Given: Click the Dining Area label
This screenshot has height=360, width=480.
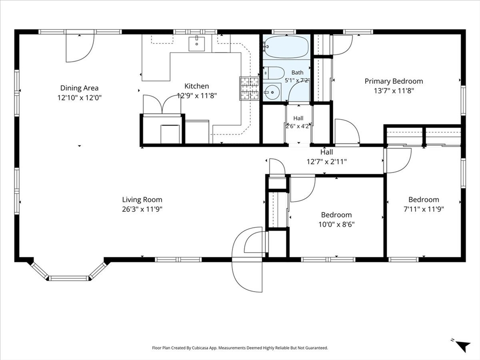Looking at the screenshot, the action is [x=79, y=88].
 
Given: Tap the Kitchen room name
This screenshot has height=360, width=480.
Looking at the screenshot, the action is [x=197, y=86].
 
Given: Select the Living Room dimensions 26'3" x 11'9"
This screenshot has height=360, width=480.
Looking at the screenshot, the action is [x=142, y=210].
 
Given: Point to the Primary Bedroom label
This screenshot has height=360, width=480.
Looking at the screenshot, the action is [x=394, y=82].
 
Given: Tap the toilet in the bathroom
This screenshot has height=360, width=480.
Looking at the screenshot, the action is [x=274, y=73].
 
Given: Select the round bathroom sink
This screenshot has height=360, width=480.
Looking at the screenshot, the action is [x=271, y=91].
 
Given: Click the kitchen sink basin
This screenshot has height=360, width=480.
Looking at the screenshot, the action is [x=196, y=44].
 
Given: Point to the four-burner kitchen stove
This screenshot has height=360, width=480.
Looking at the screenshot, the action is [x=249, y=89].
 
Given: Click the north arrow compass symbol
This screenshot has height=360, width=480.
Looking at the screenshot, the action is [x=462, y=345].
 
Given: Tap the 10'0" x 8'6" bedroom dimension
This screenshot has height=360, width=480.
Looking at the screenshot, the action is [x=337, y=225].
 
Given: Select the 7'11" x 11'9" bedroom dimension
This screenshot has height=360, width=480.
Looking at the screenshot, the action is [x=424, y=210].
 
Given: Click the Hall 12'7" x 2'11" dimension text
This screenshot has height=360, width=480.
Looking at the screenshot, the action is [x=327, y=162].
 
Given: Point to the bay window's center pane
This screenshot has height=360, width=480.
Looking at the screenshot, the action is [x=69, y=278].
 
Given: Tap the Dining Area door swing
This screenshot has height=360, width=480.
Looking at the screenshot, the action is [x=80, y=47].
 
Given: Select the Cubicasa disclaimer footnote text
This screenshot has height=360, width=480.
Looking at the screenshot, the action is [x=240, y=348].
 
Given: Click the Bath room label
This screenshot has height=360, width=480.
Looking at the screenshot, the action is [x=297, y=73].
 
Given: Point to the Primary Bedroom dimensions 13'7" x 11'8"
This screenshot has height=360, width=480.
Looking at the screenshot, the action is [x=394, y=91].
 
